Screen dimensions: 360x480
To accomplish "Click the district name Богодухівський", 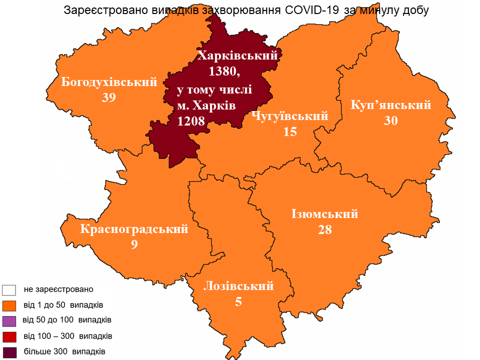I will (109, 82).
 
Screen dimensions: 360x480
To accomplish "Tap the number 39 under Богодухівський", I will (108, 97).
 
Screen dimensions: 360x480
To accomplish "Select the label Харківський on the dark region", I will (237, 56).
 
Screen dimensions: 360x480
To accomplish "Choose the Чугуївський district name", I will (290, 116).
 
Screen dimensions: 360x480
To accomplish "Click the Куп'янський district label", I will (391, 105).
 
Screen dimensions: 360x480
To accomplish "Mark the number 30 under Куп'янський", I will (391, 120).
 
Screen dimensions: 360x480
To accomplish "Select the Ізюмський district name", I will (325, 214).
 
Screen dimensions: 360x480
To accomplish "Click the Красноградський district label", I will (134, 229).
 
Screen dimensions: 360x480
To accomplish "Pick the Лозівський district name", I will (238, 286).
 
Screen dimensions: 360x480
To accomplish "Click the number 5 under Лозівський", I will (238, 301).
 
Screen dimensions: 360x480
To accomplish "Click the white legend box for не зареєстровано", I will (9, 289).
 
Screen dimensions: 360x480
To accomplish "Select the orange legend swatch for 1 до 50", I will (9, 305).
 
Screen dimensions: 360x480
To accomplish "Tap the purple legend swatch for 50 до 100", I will (9, 320).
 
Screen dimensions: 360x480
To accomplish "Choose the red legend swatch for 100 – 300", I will (9, 335).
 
